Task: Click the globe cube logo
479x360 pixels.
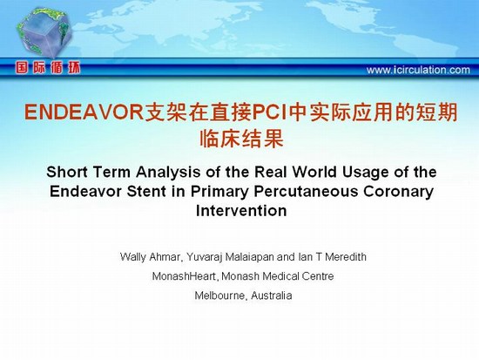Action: point(44,32)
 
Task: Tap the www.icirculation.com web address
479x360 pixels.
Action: point(418,70)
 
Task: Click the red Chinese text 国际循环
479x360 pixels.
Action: point(48,68)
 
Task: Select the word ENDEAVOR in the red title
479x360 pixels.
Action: point(84,112)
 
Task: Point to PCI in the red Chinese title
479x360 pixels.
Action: point(270,112)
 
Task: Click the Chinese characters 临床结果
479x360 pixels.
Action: point(241,139)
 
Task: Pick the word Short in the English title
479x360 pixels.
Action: point(68,172)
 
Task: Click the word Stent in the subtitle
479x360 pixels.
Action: point(146,192)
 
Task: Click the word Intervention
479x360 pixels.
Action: point(241,211)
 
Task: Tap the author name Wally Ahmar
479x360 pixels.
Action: point(150,257)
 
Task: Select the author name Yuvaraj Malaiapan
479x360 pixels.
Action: point(230,257)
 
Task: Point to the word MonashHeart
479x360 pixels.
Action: point(185,276)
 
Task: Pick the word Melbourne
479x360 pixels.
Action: point(219,295)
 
